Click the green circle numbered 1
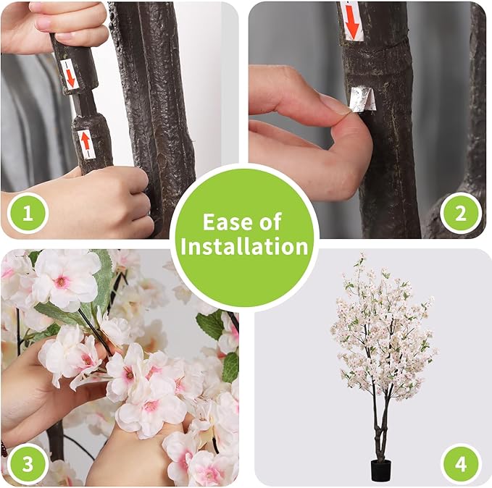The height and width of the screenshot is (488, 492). [x=28, y=214]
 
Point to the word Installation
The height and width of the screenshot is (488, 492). [x=246, y=246]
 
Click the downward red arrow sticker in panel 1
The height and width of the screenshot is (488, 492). [x=70, y=74]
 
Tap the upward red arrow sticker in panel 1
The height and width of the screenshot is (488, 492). [x=85, y=143]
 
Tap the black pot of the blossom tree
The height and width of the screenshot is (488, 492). [x=381, y=468]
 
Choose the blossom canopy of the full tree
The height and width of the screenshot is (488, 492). [x=381, y=326]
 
